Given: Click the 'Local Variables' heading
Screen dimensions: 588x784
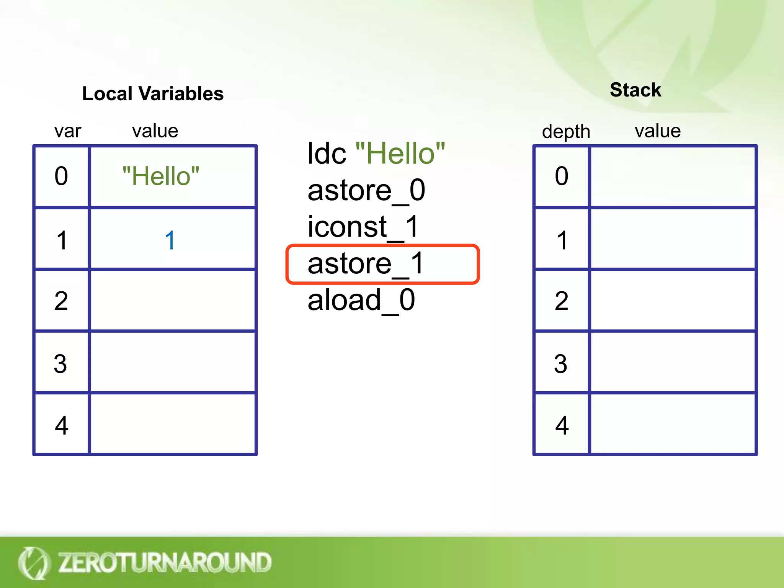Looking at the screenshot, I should [x=153, y=94].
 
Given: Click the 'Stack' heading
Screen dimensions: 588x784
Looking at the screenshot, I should [x=635, y=90].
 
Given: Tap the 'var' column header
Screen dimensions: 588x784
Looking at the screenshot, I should [x=68, y=131].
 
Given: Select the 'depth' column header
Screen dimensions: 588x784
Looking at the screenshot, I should [x=566, y=132].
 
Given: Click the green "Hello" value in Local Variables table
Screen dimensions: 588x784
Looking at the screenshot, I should [x=161, y=176].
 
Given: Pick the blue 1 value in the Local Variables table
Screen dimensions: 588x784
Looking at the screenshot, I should [x=170, y=240].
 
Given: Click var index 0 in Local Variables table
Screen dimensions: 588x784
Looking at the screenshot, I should [x=61, y=176].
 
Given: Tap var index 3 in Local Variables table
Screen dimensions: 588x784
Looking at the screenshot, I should [x=60, y=364].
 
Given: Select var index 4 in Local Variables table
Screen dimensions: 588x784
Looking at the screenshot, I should [x=61, y=425].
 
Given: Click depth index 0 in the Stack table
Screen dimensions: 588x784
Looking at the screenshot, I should [x=562, y=176].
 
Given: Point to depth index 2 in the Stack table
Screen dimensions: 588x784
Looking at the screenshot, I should [x=562, y=301].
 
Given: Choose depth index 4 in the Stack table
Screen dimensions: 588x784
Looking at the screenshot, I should [x=562, y=425].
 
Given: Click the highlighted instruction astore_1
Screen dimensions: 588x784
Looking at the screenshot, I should [x=366, y=264].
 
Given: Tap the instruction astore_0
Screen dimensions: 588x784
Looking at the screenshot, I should [x=366, y=190].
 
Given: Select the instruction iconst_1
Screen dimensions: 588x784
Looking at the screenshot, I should [x=363, y=227].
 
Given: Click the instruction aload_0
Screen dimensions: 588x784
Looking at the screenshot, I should [x=361, y=300].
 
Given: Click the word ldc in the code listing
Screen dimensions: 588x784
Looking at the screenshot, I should [x=327, y=154].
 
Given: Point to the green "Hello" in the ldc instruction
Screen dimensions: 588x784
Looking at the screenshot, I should [x=400, y=154].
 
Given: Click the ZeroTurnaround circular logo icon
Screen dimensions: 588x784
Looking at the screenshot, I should [x=33, y=563].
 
